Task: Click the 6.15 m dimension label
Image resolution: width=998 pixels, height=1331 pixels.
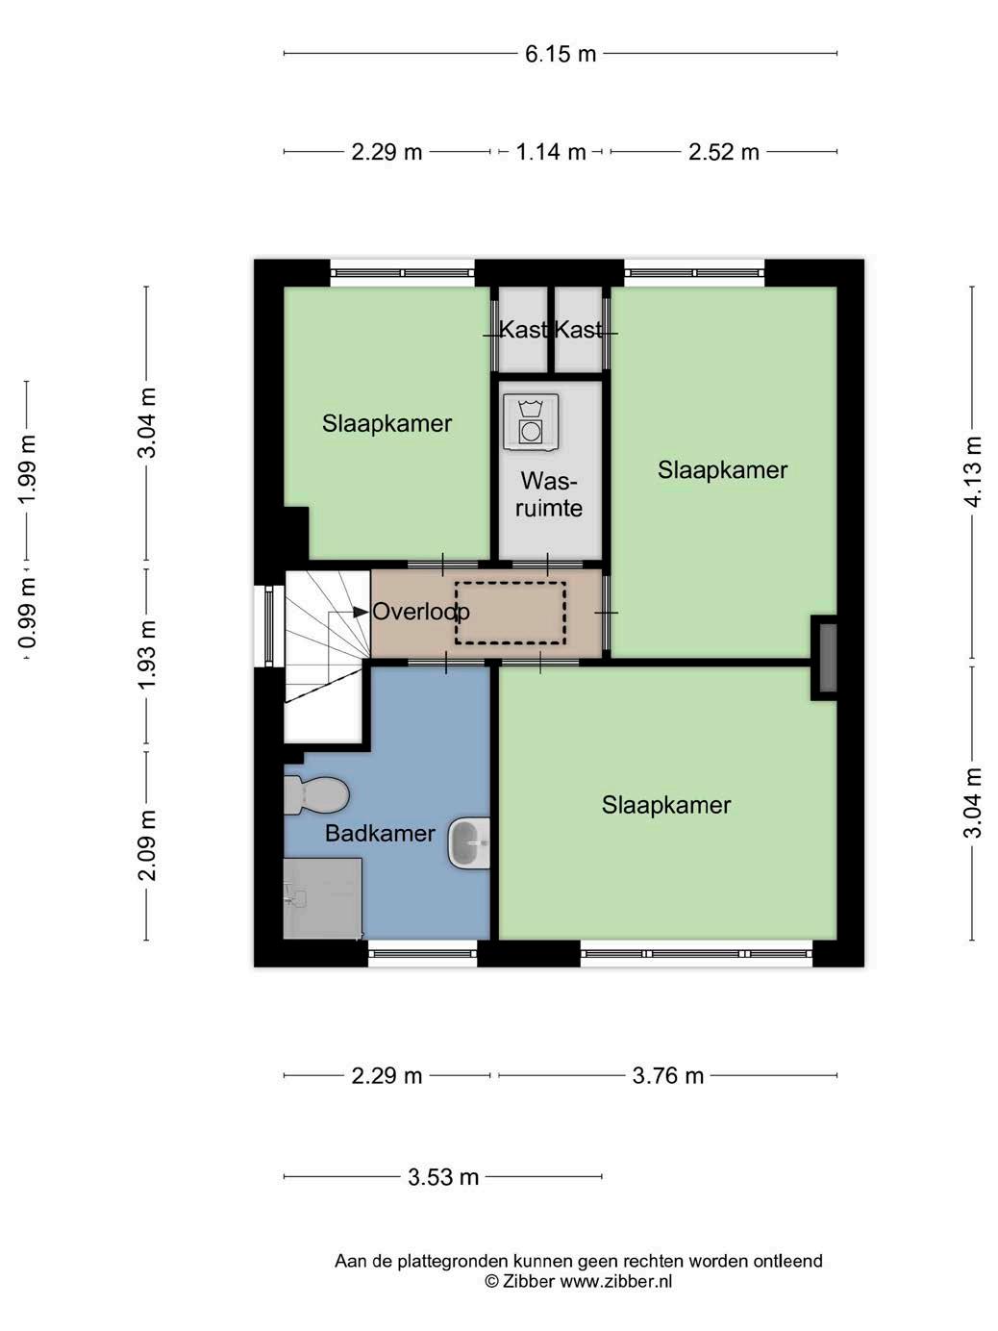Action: point(560,55)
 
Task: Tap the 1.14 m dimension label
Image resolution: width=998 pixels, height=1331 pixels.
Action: point(551,152)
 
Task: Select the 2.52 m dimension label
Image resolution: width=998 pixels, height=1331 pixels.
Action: point(724,152)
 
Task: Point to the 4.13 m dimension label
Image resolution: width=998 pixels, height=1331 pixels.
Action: point(973,472)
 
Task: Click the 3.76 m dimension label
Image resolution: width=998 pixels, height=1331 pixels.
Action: point(668,1076)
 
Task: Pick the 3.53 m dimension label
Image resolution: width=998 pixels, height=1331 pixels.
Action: point(443,1177)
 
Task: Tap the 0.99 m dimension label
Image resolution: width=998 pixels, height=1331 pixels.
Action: point(27,613)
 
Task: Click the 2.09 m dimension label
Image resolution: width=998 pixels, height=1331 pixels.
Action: point(147,845)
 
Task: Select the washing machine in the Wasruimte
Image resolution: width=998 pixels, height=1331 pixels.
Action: point(532,422)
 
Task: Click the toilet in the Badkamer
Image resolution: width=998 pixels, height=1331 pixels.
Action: point(316,795)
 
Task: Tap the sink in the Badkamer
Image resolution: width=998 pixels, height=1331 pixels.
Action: point(469,842)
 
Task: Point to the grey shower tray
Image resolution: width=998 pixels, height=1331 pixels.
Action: point(323,898)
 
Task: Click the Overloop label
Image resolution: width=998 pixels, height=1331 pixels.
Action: point(421,612)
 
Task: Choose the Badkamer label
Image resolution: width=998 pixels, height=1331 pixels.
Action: point(380,833)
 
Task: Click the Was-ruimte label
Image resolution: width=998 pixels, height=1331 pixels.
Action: point(549,495)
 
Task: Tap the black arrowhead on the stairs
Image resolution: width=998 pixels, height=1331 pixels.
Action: point(362,613)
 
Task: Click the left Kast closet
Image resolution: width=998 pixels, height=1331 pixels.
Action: point(523,329)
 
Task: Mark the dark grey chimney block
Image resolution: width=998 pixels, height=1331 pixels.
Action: point(828,658)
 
